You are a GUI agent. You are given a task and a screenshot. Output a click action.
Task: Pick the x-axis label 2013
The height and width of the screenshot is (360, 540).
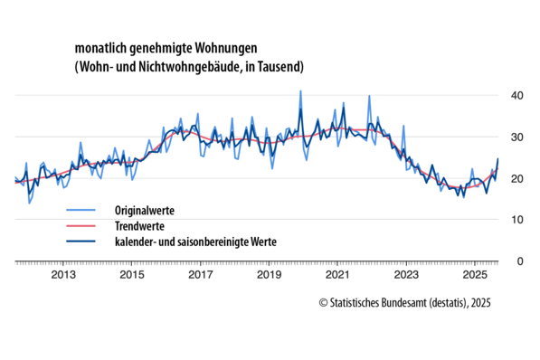[62, 275]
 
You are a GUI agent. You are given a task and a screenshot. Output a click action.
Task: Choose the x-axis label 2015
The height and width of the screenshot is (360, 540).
[131, 275]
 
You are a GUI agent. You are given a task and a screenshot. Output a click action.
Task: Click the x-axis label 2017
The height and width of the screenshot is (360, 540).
[200, 275]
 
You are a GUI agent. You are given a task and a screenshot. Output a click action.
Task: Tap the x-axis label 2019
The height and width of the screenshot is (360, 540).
[269, 275]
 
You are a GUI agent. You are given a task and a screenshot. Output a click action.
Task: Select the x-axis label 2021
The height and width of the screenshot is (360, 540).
[337, 275]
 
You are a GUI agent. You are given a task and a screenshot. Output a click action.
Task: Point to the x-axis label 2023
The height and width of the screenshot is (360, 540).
[406, 275]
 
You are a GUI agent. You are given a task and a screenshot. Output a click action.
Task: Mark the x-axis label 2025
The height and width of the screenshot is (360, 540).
[475, 275]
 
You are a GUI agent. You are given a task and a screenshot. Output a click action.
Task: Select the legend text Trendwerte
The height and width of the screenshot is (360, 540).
[139, 225]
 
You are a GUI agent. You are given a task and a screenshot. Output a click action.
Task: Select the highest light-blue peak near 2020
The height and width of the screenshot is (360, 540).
[300, 91]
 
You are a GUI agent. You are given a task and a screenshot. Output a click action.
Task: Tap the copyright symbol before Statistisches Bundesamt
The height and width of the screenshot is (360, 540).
[324, 301]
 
